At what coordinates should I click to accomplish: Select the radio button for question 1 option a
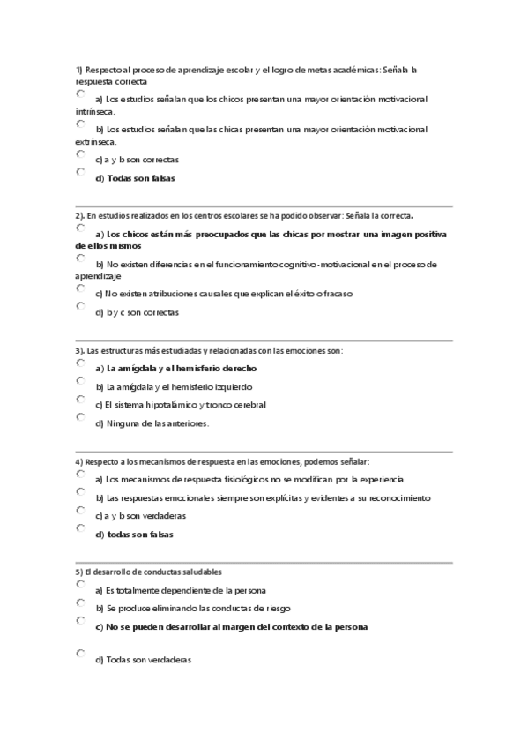point(81,93)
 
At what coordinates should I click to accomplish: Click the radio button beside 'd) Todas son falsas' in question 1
point(81,173)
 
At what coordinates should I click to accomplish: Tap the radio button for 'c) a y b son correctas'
point(81,153)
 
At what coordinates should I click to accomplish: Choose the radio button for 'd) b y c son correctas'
point(81,306)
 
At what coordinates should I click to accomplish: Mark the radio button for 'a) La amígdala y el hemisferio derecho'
point(81,363)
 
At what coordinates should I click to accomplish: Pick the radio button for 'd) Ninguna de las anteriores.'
point(81,417)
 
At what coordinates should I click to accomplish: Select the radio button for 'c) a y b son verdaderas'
point(81,510)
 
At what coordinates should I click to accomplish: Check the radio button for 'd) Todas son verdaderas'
point(81,654)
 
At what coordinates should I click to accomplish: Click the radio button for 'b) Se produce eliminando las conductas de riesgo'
point(81,602)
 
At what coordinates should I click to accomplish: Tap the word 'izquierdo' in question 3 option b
point(230,386)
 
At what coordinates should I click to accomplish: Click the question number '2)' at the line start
point(79,215)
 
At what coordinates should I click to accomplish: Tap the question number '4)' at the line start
point(78,461)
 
